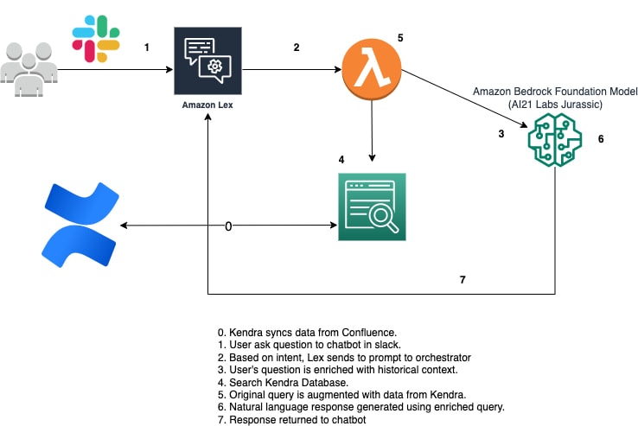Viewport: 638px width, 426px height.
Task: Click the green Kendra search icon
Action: pyautogui.click(x=371, y=207)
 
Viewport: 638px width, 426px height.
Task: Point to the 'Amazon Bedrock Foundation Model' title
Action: pyautogui.click(x=553, y=92)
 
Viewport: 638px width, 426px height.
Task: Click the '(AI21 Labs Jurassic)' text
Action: pyautogui.click(x=553, y=105)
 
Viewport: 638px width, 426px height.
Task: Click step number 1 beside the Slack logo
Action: pyautogui.click(x=147, y=48)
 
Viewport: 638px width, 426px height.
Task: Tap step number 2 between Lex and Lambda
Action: pyautogui.click(x=297, y=48)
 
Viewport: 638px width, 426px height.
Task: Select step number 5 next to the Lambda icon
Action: pyautogui.click(x=400, y=38)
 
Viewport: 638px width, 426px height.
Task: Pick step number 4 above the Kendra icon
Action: pyautogui.click(x=341, y=160)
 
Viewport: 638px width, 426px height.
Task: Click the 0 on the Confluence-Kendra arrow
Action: pyautogui.click(x=228, y=226)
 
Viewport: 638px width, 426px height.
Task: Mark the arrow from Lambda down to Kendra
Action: pyautogui.click(x=372, y=130)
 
